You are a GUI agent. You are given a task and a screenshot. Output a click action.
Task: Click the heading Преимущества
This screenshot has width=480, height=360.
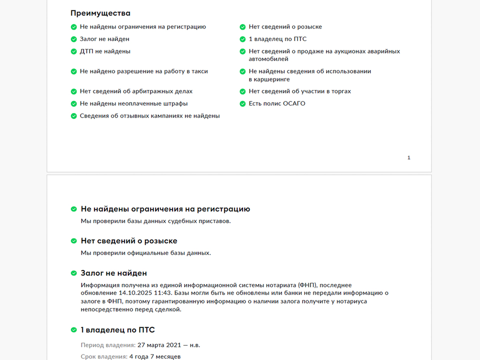click(100, 13)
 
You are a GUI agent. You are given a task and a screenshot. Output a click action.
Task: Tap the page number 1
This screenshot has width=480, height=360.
click(409, 158)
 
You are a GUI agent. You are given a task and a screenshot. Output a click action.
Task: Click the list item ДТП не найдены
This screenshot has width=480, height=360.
click(105, 51)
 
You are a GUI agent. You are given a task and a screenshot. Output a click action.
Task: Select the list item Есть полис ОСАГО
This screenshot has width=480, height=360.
click(277, 103)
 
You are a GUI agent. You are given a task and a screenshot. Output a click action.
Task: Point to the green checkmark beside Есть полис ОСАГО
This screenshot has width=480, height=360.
click(242, 104)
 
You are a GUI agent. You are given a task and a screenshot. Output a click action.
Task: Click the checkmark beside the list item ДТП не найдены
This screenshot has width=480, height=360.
click(74, 51)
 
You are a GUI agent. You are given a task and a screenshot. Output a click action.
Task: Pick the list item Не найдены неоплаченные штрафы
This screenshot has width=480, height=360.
click(133, 103)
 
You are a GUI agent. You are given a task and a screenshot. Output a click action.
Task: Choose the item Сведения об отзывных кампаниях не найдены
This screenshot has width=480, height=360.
click(149, 115)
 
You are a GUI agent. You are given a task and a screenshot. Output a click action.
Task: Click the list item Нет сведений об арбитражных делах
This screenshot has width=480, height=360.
click(136, 91)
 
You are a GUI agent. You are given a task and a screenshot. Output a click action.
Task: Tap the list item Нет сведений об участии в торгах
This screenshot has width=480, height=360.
click(300, 91)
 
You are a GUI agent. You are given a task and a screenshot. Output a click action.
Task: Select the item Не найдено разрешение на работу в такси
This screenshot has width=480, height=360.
click(143, 71)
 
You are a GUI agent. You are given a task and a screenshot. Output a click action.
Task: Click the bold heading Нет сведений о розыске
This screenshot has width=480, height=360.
click(129, 241)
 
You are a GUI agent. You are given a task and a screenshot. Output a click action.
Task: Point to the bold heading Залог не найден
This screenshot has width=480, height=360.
click(113, 273)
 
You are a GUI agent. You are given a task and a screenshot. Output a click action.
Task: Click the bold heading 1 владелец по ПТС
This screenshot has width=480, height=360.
click(117, 330)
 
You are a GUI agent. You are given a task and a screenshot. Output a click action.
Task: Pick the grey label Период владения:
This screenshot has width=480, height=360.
click(108, 345)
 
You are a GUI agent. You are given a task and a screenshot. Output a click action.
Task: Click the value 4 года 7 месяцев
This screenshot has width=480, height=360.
click(154, 356)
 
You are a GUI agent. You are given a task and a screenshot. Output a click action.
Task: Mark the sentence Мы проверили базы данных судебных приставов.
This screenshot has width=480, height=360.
click(155, 221)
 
